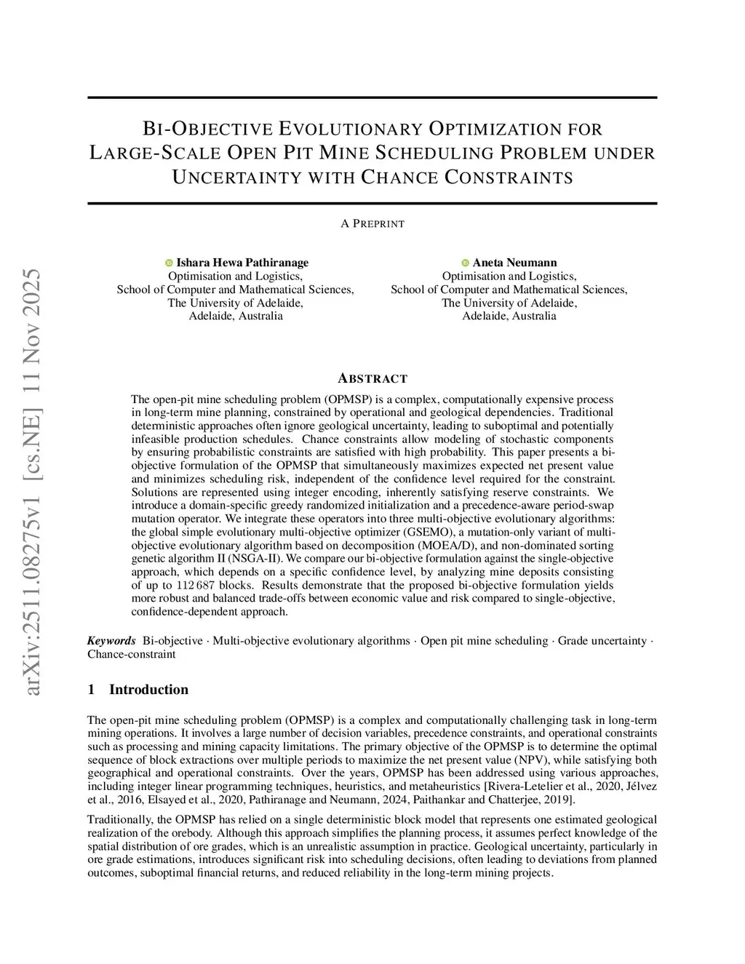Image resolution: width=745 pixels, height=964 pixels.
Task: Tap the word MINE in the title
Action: [x=346, y=154]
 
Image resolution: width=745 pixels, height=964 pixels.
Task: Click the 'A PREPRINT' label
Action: [x=372, y=224]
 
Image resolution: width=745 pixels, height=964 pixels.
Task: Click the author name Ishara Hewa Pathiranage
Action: [x=242, y=263]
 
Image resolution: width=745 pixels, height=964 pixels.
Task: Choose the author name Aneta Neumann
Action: [x=514, y=263]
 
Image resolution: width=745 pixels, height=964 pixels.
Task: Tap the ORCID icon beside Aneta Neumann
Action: [x=466, y=263]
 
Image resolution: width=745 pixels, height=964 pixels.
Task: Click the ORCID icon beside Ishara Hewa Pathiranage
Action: [x=170, y=263]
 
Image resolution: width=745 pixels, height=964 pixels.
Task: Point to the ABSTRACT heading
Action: [x=372, y=378]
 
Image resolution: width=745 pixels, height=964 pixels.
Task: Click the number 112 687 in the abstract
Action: [x=195, y=585]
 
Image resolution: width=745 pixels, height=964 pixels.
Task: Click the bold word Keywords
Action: [x=111, y=641]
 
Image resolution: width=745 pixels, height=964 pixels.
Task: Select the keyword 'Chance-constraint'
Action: [x=132, y=654]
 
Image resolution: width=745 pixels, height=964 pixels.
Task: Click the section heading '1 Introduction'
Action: [x=138, y=690]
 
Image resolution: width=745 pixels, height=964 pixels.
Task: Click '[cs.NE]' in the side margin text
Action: [x=33, y=375]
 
